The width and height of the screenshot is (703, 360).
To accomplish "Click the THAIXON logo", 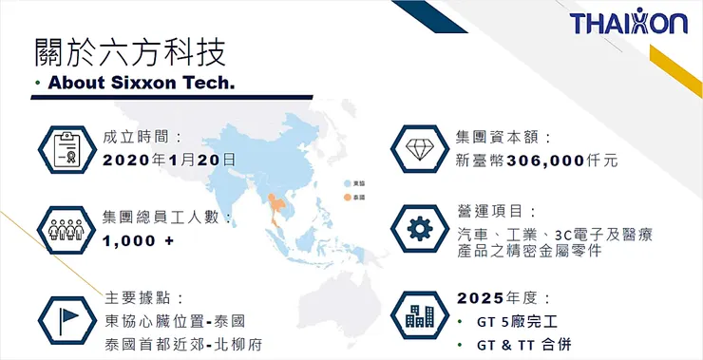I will (629, 23).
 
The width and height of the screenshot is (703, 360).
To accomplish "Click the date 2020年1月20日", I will (169, 160).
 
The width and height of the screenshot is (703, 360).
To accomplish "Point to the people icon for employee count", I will (65, 229).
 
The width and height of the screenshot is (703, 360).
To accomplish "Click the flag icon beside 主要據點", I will (65, 316).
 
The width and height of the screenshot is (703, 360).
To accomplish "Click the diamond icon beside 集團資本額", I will (418, 150).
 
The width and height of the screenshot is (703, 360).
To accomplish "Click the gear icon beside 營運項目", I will (418, 229).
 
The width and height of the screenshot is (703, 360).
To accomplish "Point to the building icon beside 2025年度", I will (418, 316).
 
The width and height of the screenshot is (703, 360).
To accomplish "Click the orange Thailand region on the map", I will (278, 207).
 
